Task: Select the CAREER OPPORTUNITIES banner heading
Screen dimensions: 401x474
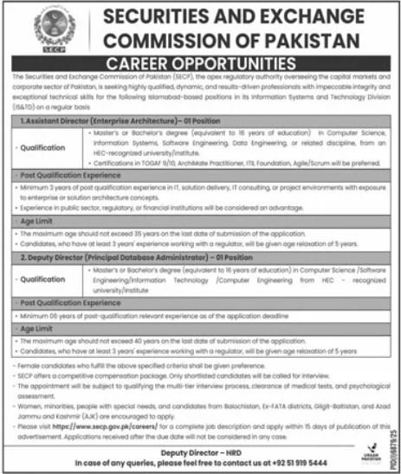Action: [203, 66]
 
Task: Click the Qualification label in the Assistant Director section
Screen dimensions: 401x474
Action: [45, 148]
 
